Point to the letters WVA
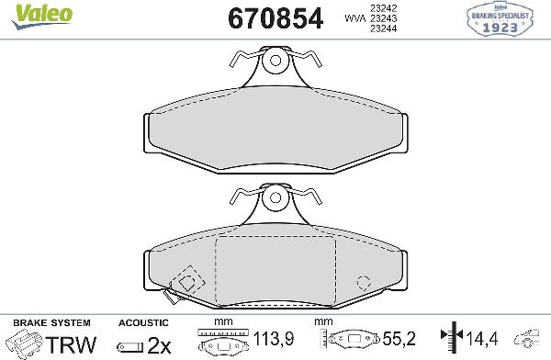click(353, 18)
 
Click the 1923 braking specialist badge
click(502, 20)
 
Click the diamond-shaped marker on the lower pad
click(190, 279)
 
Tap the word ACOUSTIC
click(144, 323)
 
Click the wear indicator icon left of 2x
click(131, 346)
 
